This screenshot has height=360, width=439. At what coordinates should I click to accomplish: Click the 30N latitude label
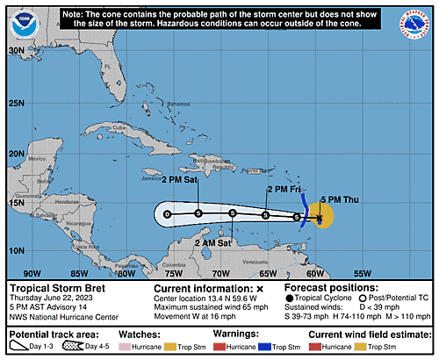click(x=16, y=51)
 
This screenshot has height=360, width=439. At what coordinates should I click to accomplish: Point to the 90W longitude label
click(x=32, y=273)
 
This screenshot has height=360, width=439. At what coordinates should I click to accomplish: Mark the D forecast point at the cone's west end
click(x=167, y=213)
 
